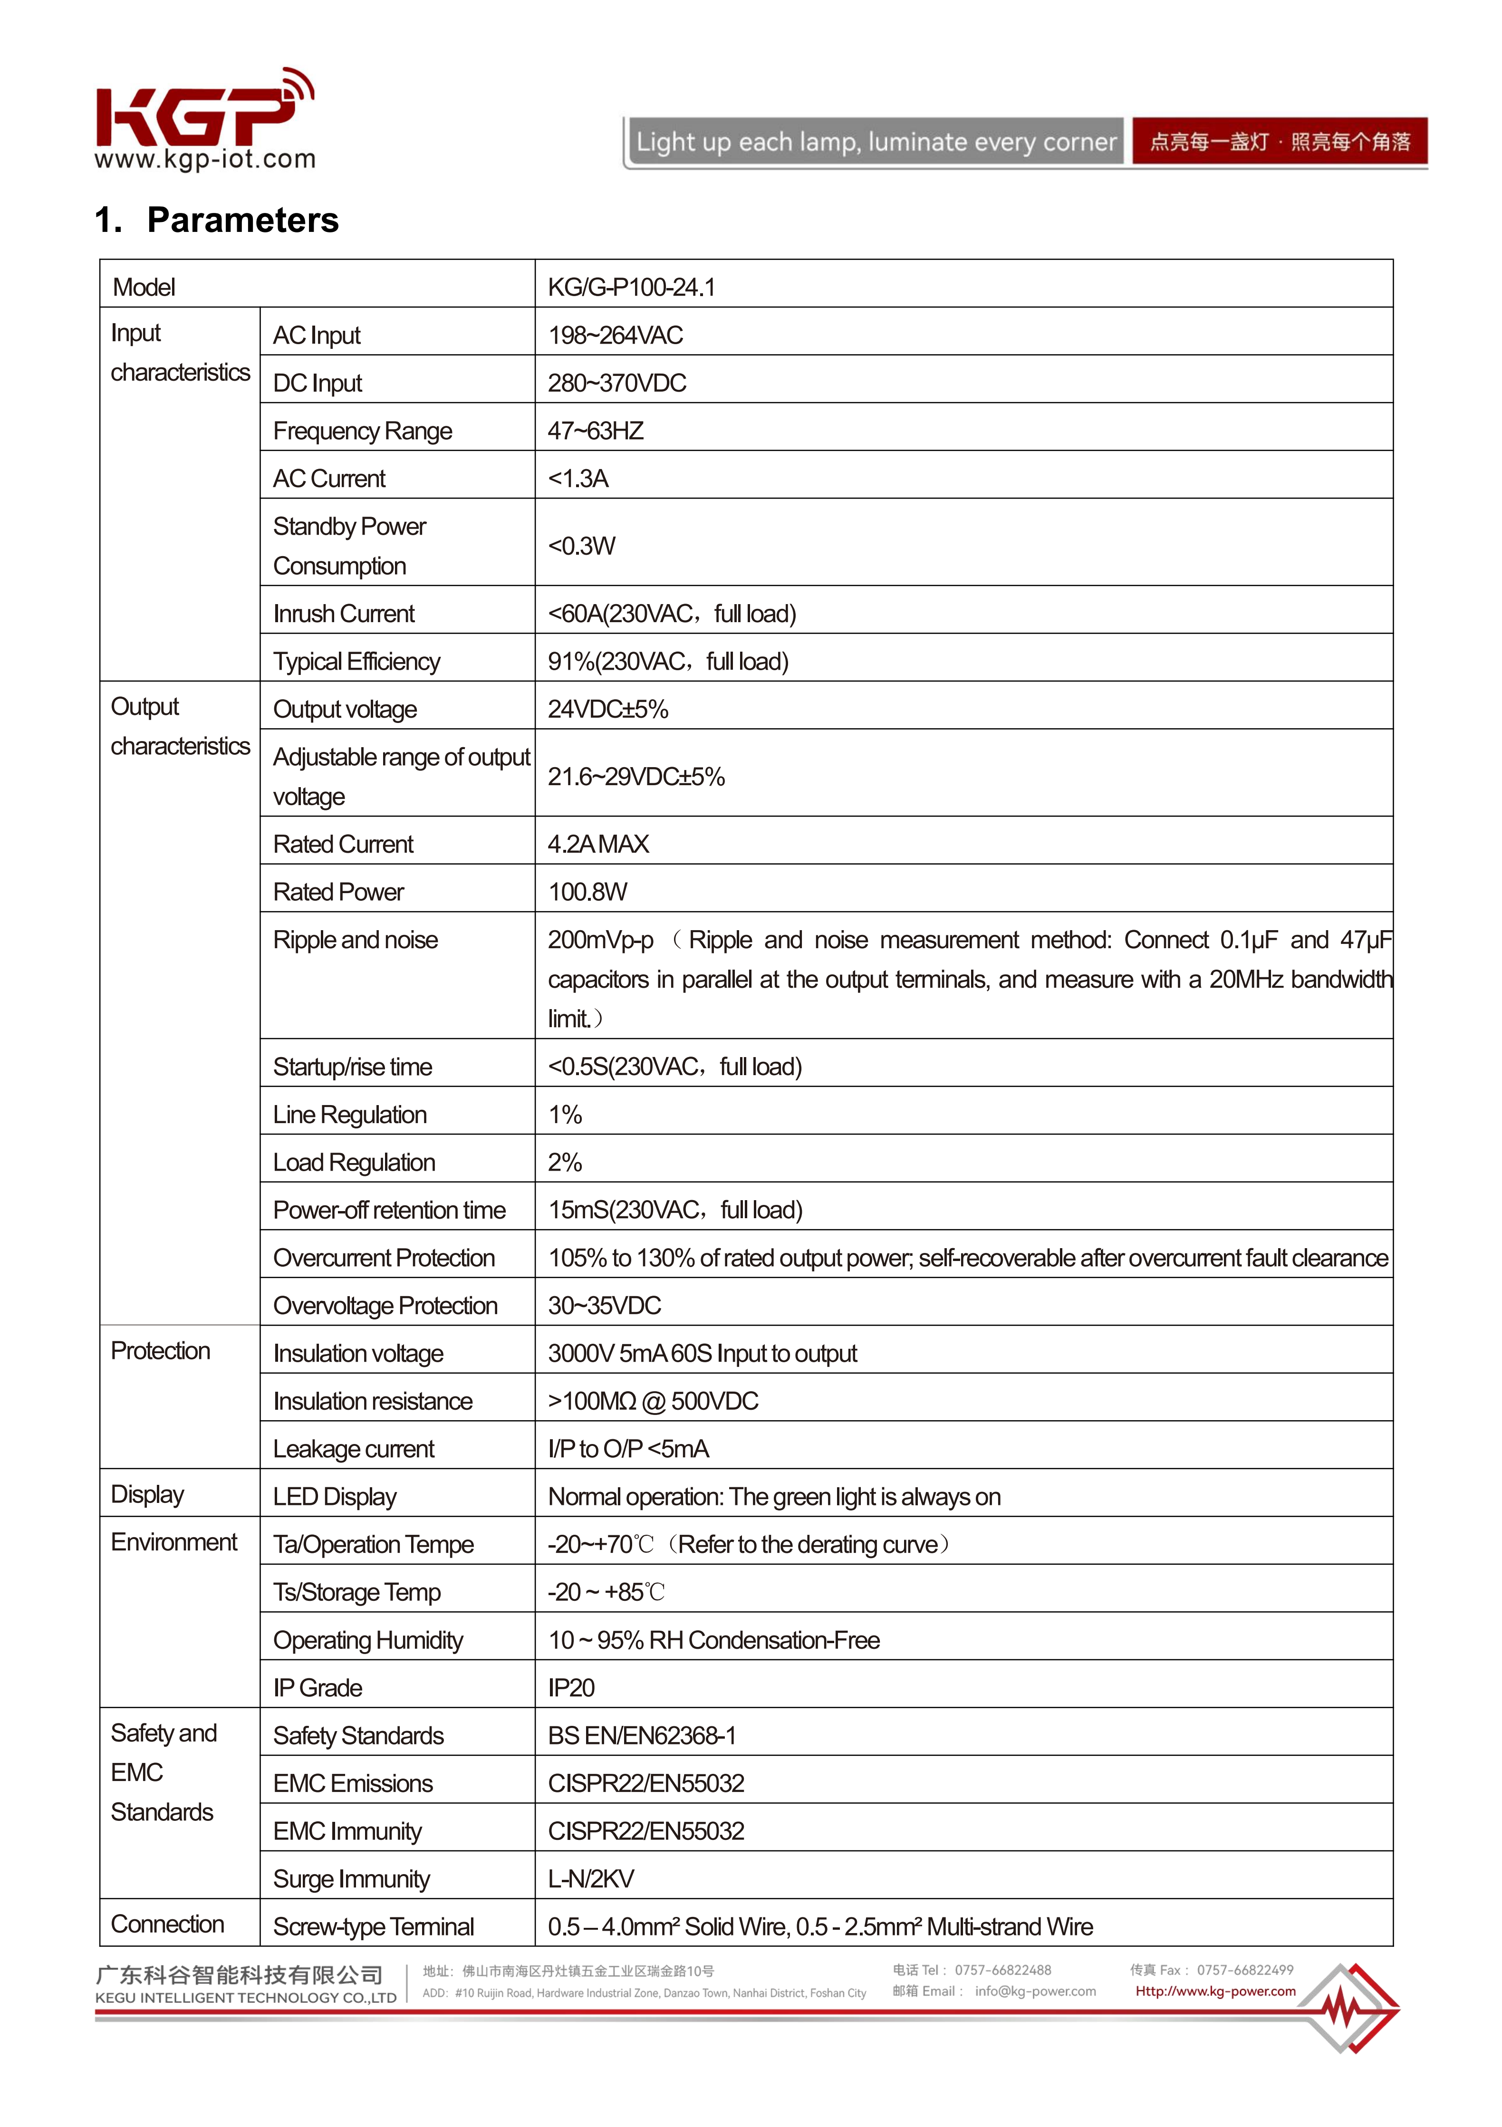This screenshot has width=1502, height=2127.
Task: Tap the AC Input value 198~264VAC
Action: point(615,336)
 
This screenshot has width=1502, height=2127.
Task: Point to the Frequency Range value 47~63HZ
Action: point(595,431)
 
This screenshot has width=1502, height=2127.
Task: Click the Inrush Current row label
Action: point(344,613)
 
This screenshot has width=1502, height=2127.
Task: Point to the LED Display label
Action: point(335,1497)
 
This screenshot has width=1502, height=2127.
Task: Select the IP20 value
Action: point(571,1688)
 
